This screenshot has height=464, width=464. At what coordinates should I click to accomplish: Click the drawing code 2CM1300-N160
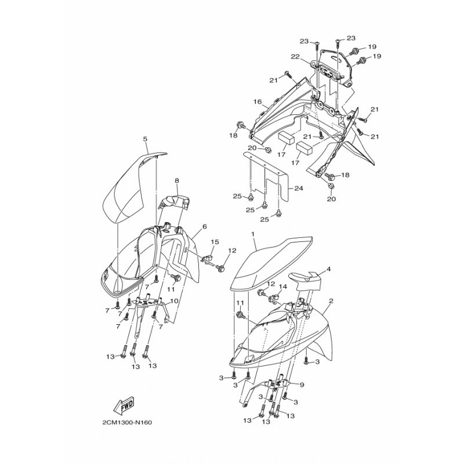click(127, 422)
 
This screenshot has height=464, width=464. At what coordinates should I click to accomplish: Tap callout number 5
click(145, 139)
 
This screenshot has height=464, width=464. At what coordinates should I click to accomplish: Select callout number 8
click(177, 180)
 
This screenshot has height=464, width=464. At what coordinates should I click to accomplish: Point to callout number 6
click(205, 227)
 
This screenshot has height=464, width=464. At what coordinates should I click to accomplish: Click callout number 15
click(215, 242)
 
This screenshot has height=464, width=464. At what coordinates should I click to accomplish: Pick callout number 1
click(253, 234)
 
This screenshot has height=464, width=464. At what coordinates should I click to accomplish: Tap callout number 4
click(328, 269)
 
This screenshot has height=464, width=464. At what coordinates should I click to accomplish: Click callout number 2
click(331, 301)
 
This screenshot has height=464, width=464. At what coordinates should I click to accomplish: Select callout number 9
click(302, 385)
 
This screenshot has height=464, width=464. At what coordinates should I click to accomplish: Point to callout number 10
click(175, 301)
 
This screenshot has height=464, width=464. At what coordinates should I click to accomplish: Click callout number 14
click(283, 287)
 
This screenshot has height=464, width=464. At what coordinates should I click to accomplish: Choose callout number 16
click(258, 102)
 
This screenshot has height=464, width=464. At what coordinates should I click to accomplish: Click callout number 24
click(299, 188)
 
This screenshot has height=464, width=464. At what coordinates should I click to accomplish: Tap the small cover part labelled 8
click(175, 201)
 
